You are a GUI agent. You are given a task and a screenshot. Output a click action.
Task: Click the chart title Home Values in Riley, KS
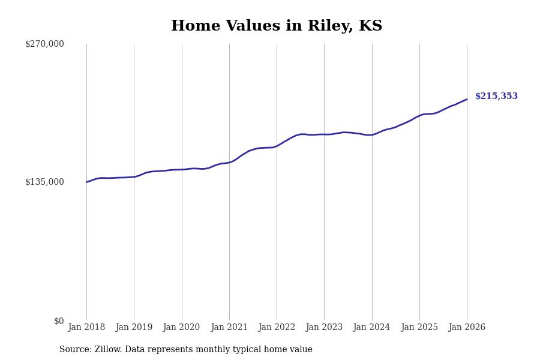[277, 26]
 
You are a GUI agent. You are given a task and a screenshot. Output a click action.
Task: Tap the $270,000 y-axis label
[44, 44]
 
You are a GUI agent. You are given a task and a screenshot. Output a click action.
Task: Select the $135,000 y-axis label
[44, 182]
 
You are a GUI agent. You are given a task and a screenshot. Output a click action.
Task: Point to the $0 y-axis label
[59, 321]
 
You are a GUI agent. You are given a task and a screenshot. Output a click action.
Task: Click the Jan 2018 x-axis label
[86, 328]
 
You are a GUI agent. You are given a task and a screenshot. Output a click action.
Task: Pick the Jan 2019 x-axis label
[134, 328]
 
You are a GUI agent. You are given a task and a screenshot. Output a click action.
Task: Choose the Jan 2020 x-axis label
[181, 328]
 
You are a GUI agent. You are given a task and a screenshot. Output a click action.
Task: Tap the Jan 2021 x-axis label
[229, 328]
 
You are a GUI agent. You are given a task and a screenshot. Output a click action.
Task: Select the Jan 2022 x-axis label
[277, 328]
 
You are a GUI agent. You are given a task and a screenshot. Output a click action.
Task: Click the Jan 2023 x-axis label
[324, 328]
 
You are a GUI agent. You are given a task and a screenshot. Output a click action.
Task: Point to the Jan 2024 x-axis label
[371, 328]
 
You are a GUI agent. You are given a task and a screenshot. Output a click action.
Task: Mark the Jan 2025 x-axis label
[419, 328]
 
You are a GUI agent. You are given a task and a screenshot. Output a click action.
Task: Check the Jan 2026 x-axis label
[467, 328]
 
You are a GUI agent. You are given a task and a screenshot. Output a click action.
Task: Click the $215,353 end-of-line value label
[496, 97]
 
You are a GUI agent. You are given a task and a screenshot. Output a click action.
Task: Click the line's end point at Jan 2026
[467, 100]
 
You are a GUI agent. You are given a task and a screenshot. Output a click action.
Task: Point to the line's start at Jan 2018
[86, 182]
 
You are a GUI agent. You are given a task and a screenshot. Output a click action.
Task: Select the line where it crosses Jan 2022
[277, 146]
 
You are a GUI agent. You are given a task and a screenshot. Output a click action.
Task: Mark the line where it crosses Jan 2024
[371, 135]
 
